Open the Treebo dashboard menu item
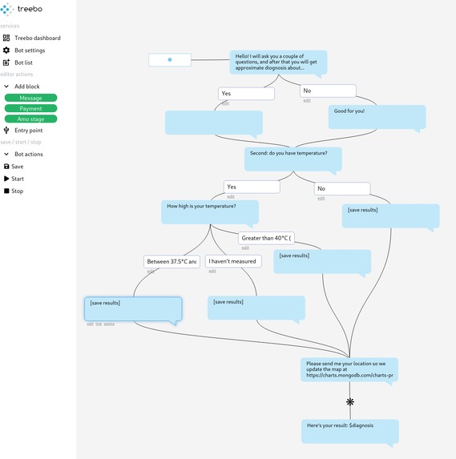(37, 38)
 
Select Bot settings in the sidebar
(30, 50)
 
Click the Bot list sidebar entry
(23, 62)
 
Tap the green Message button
(30, 98)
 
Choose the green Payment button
(30, 108)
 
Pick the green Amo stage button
(30, 119)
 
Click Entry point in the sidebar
(28, 131)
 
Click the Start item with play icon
(18, 179)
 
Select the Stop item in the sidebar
(17, 191)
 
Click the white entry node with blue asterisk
(170, 60)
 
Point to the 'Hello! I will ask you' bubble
(278, 62)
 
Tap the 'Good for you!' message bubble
(377, 116)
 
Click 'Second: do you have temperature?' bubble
(293, 157)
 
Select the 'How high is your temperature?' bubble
(210, 211)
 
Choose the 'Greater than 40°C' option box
(266, 238)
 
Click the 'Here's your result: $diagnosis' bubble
(349, 431)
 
